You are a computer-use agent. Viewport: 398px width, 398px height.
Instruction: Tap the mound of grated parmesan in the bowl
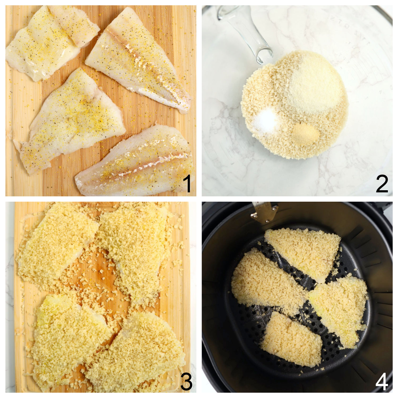[x=313, y=85]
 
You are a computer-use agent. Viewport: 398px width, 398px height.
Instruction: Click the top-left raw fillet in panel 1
[x=45, y=42]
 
